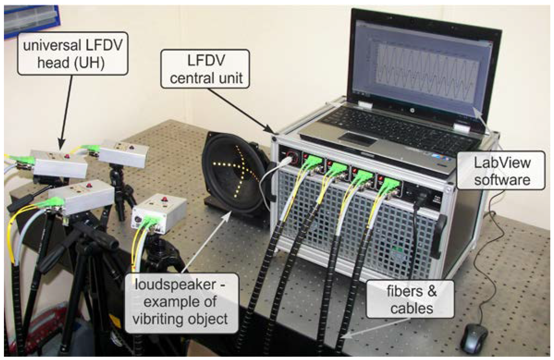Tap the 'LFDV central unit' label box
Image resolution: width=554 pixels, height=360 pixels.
tap(205, 69)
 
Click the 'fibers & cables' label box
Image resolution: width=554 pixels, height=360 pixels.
tap(411, 299)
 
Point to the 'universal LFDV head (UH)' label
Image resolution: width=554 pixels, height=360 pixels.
tap(72, 53)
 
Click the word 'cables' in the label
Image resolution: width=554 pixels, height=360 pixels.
tap(412, 308)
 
